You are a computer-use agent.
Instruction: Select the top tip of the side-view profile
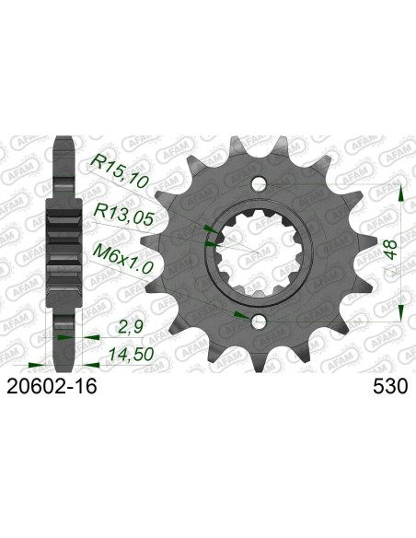64,141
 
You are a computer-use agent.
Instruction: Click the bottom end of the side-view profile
64,360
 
